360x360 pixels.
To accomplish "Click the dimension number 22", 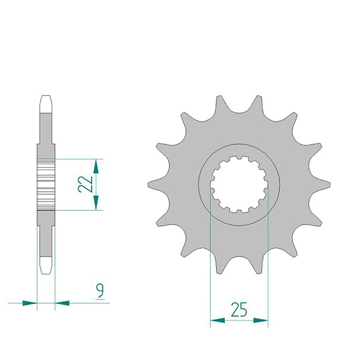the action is pos(85,184).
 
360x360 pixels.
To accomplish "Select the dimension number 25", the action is pos(239,309).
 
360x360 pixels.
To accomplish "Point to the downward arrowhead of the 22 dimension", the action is pos(96,202).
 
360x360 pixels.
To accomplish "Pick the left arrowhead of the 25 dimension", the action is pos(218,320).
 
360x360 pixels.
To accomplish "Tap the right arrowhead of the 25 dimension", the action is pos(261,320).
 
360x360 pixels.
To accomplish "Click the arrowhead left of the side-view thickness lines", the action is pos(30,303).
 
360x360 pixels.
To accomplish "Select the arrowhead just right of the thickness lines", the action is pos(62,303).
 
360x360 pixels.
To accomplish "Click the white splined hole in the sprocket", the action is pos(239,185).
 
